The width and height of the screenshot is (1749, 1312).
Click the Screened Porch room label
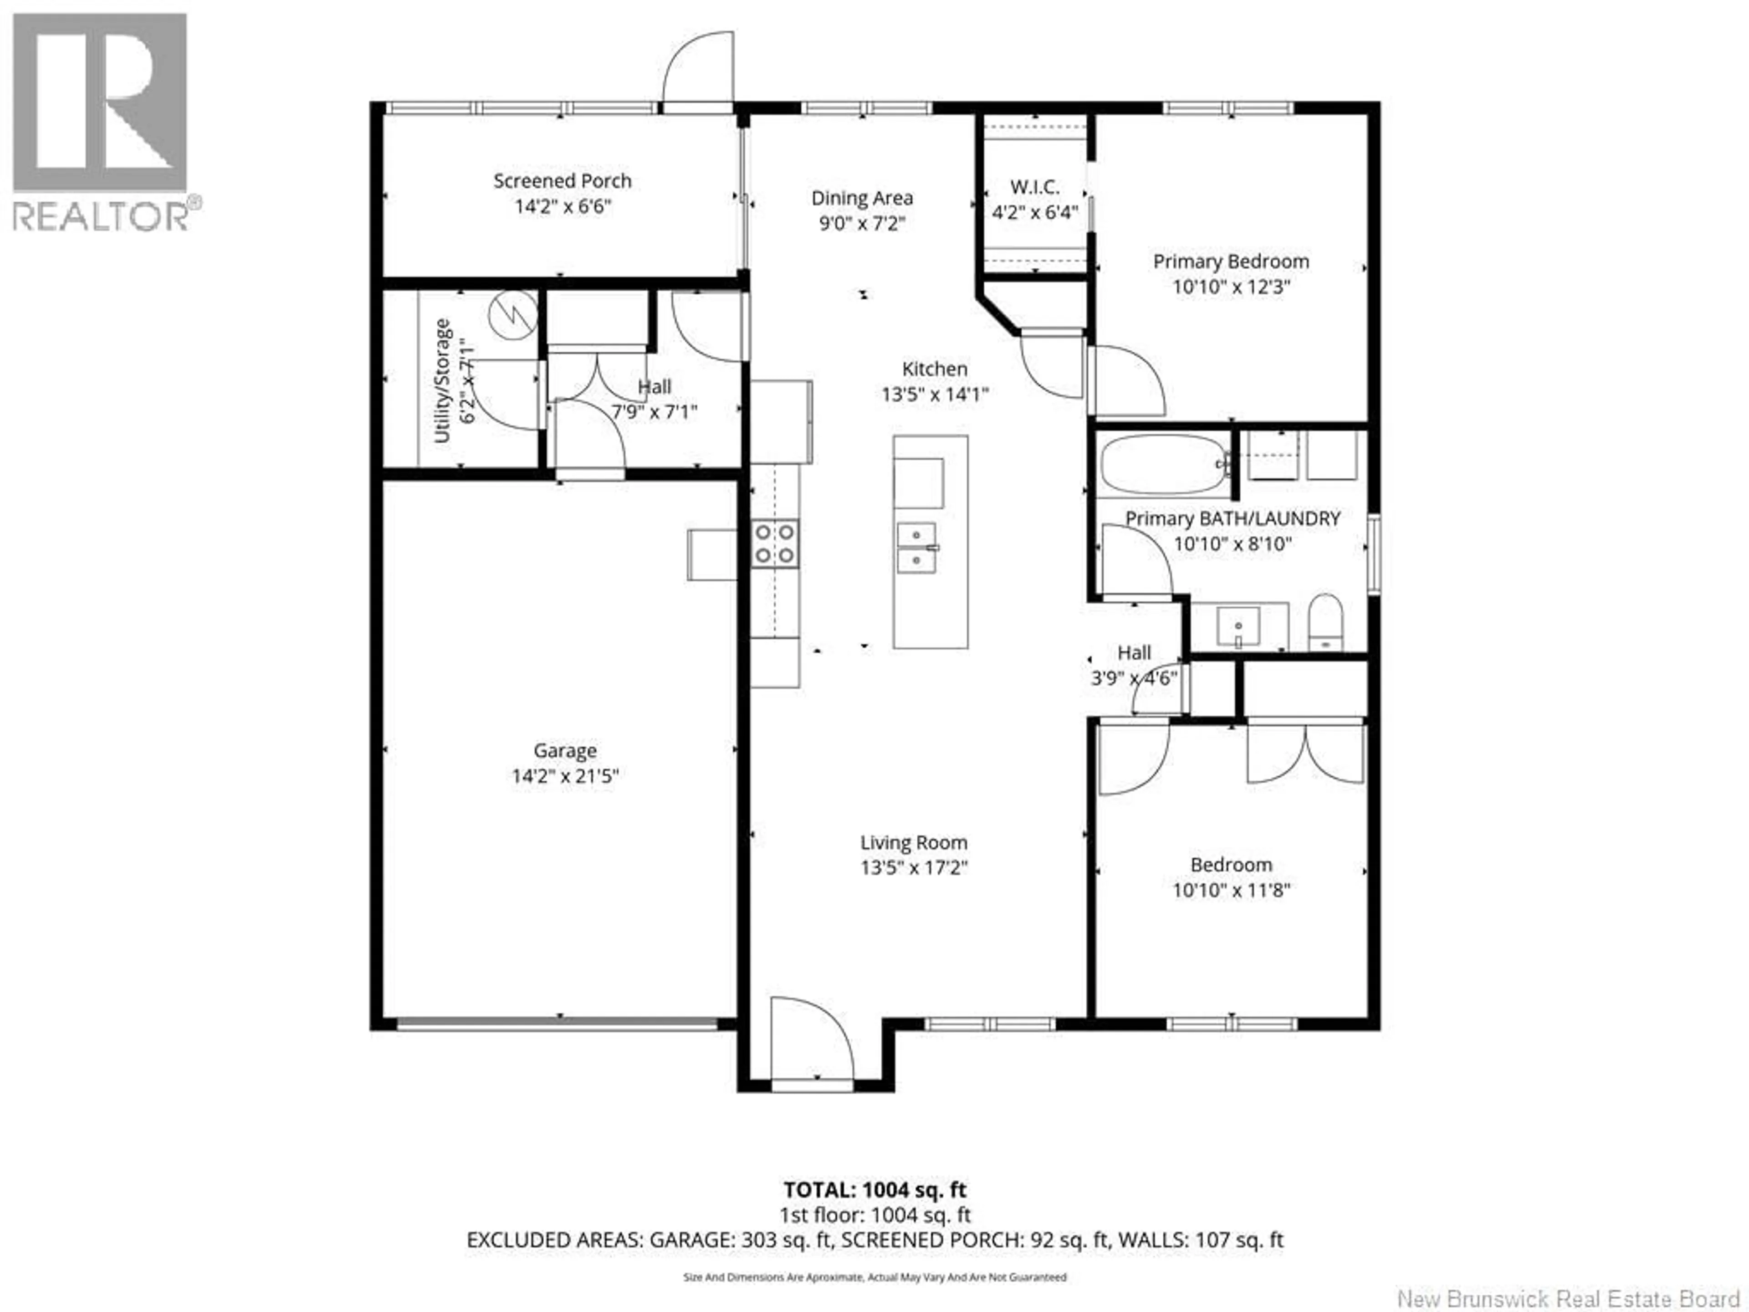coord(562,181)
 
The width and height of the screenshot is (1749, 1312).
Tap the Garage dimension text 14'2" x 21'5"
coord(564,776)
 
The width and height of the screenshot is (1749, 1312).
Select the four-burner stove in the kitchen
coord(775,544)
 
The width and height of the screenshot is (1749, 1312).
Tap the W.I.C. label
coord(1035,187)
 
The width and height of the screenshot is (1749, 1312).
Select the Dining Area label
coord(862,199)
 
